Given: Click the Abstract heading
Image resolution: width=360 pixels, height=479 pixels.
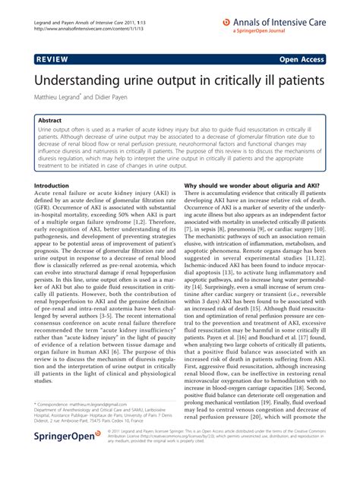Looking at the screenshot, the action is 55,120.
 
